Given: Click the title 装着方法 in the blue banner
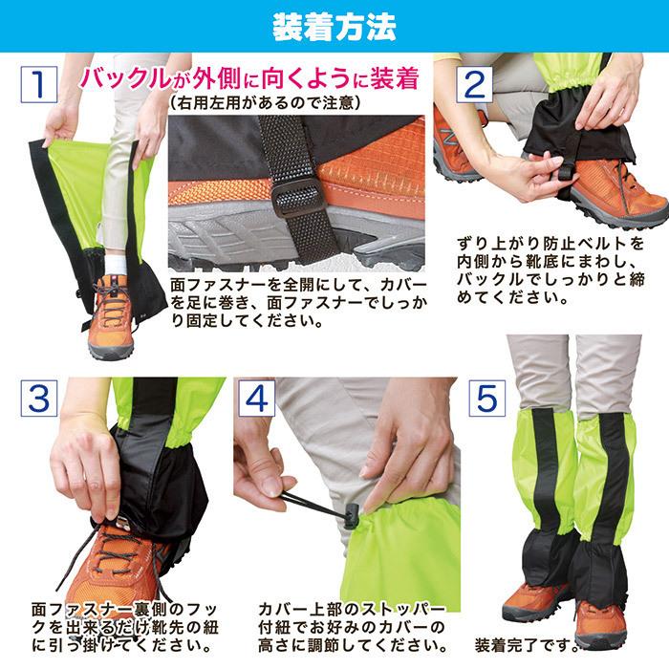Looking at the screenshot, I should coord(334,26).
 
